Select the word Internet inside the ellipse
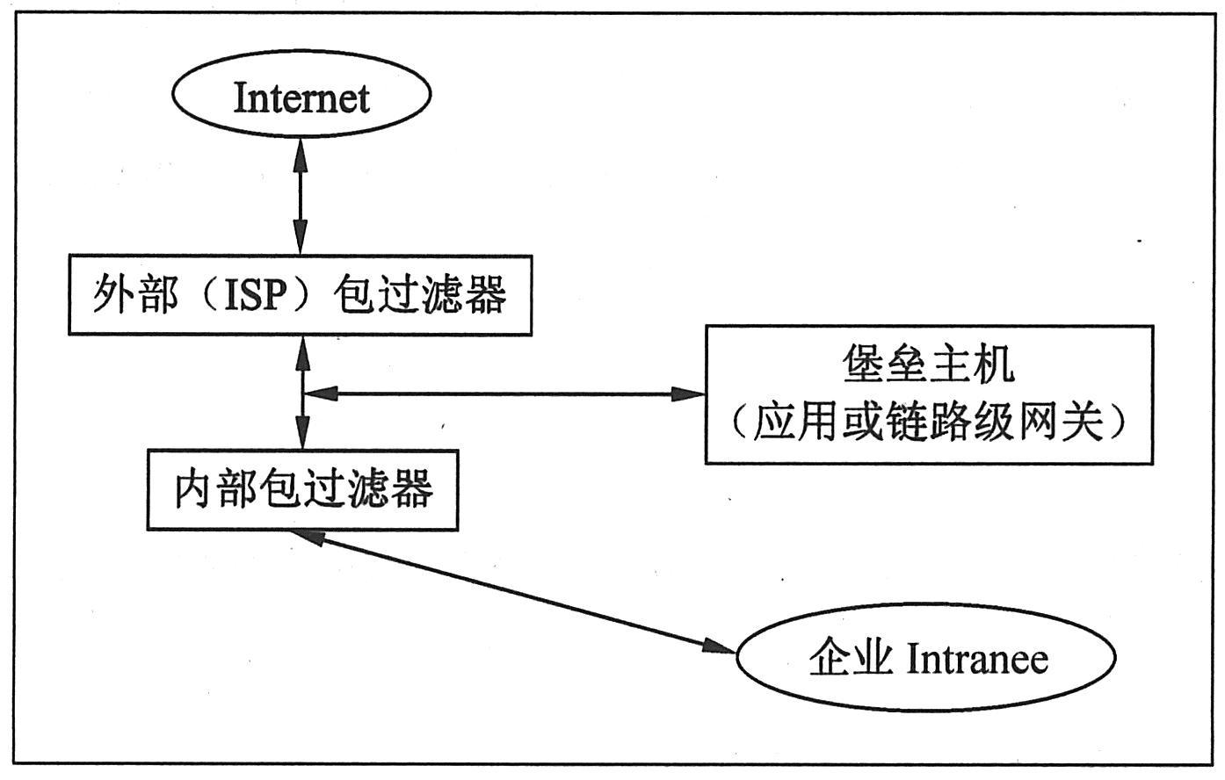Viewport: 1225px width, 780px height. click(301, 97)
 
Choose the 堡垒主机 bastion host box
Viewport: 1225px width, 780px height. click(929, 394)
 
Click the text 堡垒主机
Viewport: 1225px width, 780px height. click(929, 364)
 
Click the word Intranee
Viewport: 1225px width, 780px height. click(976, 659)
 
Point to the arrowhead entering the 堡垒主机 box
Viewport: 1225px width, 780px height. click(690, 394)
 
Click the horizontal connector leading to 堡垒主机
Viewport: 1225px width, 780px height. click(501, 394)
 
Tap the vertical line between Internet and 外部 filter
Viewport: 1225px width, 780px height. click(301, 197)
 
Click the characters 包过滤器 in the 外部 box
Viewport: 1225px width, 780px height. click(420, 296)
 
